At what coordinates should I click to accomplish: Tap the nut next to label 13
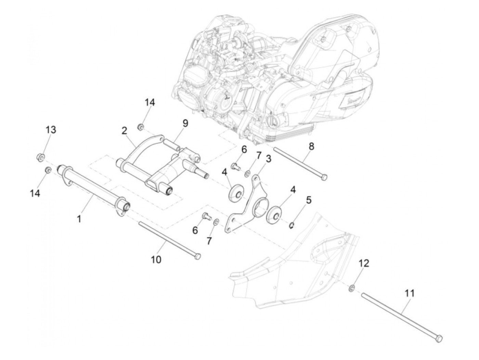(x=40, y=157)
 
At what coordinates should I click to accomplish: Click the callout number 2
(x=124, y=130)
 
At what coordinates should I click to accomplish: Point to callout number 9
(x=185, y=123)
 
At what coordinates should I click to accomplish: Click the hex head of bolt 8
(x=324, y=177)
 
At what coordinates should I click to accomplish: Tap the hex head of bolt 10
(x=197, y=256)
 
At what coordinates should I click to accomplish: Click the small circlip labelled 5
(x=292, y=225)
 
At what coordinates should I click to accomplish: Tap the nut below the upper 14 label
(x=140, y=128)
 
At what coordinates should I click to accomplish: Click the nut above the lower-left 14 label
(x=48, y=170)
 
